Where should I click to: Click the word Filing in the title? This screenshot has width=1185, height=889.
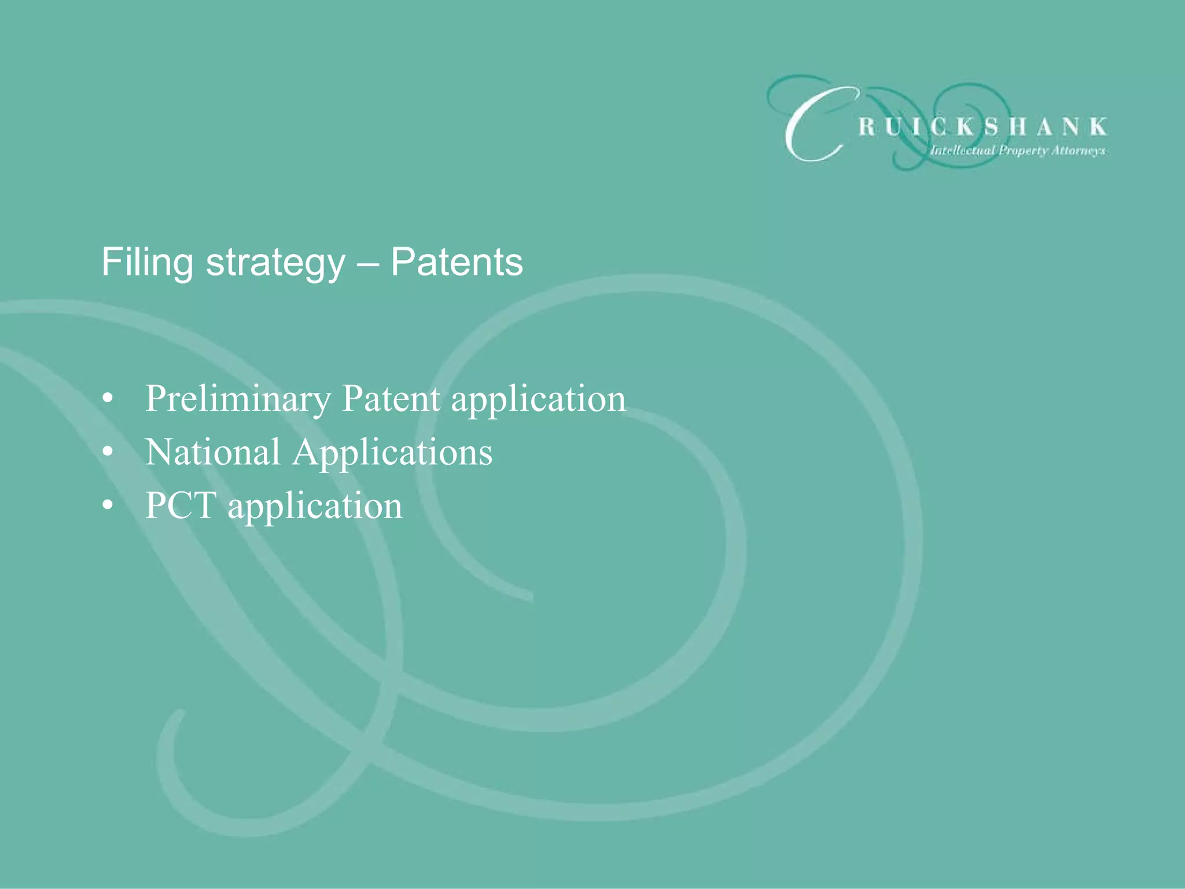(x=147, y=262)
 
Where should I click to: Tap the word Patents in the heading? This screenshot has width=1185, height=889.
(x=457, y=262)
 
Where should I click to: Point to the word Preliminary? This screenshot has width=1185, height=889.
(x=238, y=399)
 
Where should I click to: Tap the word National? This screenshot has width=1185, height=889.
(x=212, y=452)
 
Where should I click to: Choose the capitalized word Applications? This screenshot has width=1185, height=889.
(x=392, y=453)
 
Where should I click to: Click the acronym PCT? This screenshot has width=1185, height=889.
(x=181, y=505)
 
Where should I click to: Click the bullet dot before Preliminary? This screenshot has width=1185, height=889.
(x=108, y=399)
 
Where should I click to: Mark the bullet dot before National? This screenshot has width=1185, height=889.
(x=108, y=453)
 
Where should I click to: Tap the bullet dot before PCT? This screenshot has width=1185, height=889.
(x=108, y=506)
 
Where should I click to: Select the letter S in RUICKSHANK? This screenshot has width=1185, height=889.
(x=992, y=127)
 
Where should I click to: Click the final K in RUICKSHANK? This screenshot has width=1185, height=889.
(x=1098, y=127)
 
